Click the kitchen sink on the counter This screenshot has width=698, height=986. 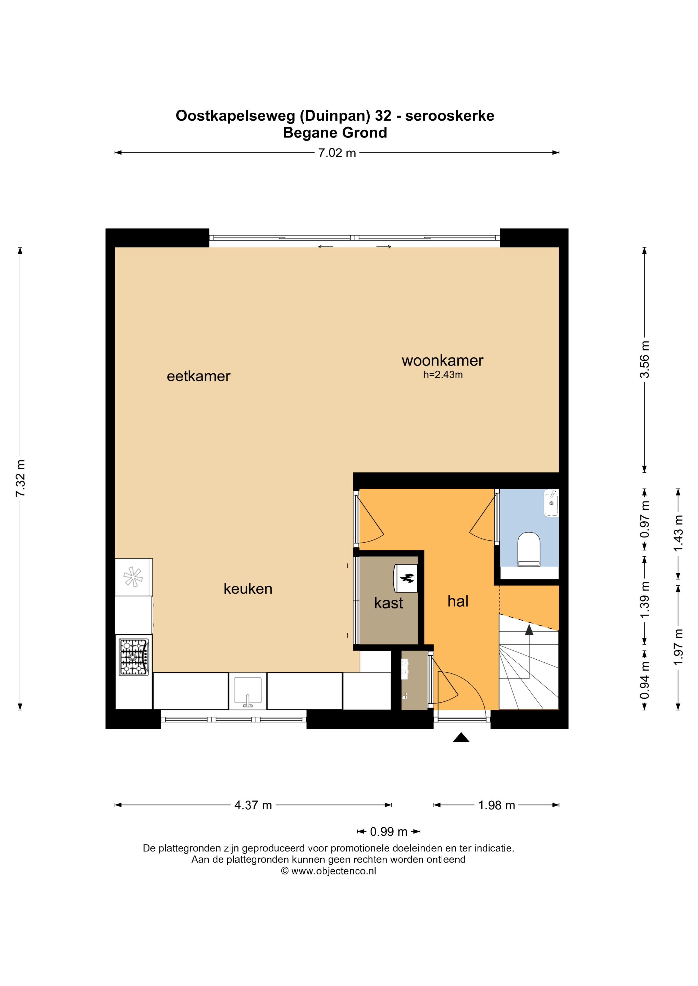pos(248,692)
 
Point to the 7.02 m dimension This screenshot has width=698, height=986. pos(337,153)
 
